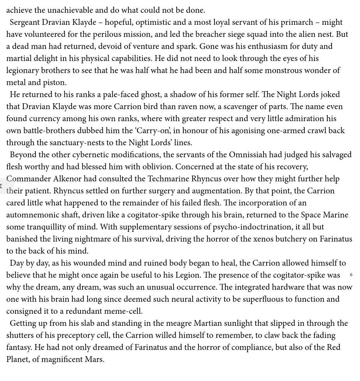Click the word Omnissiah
click(248, 155)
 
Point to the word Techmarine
click(169, 179)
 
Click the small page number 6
click(351, 275)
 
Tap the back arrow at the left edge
click(2, 186)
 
